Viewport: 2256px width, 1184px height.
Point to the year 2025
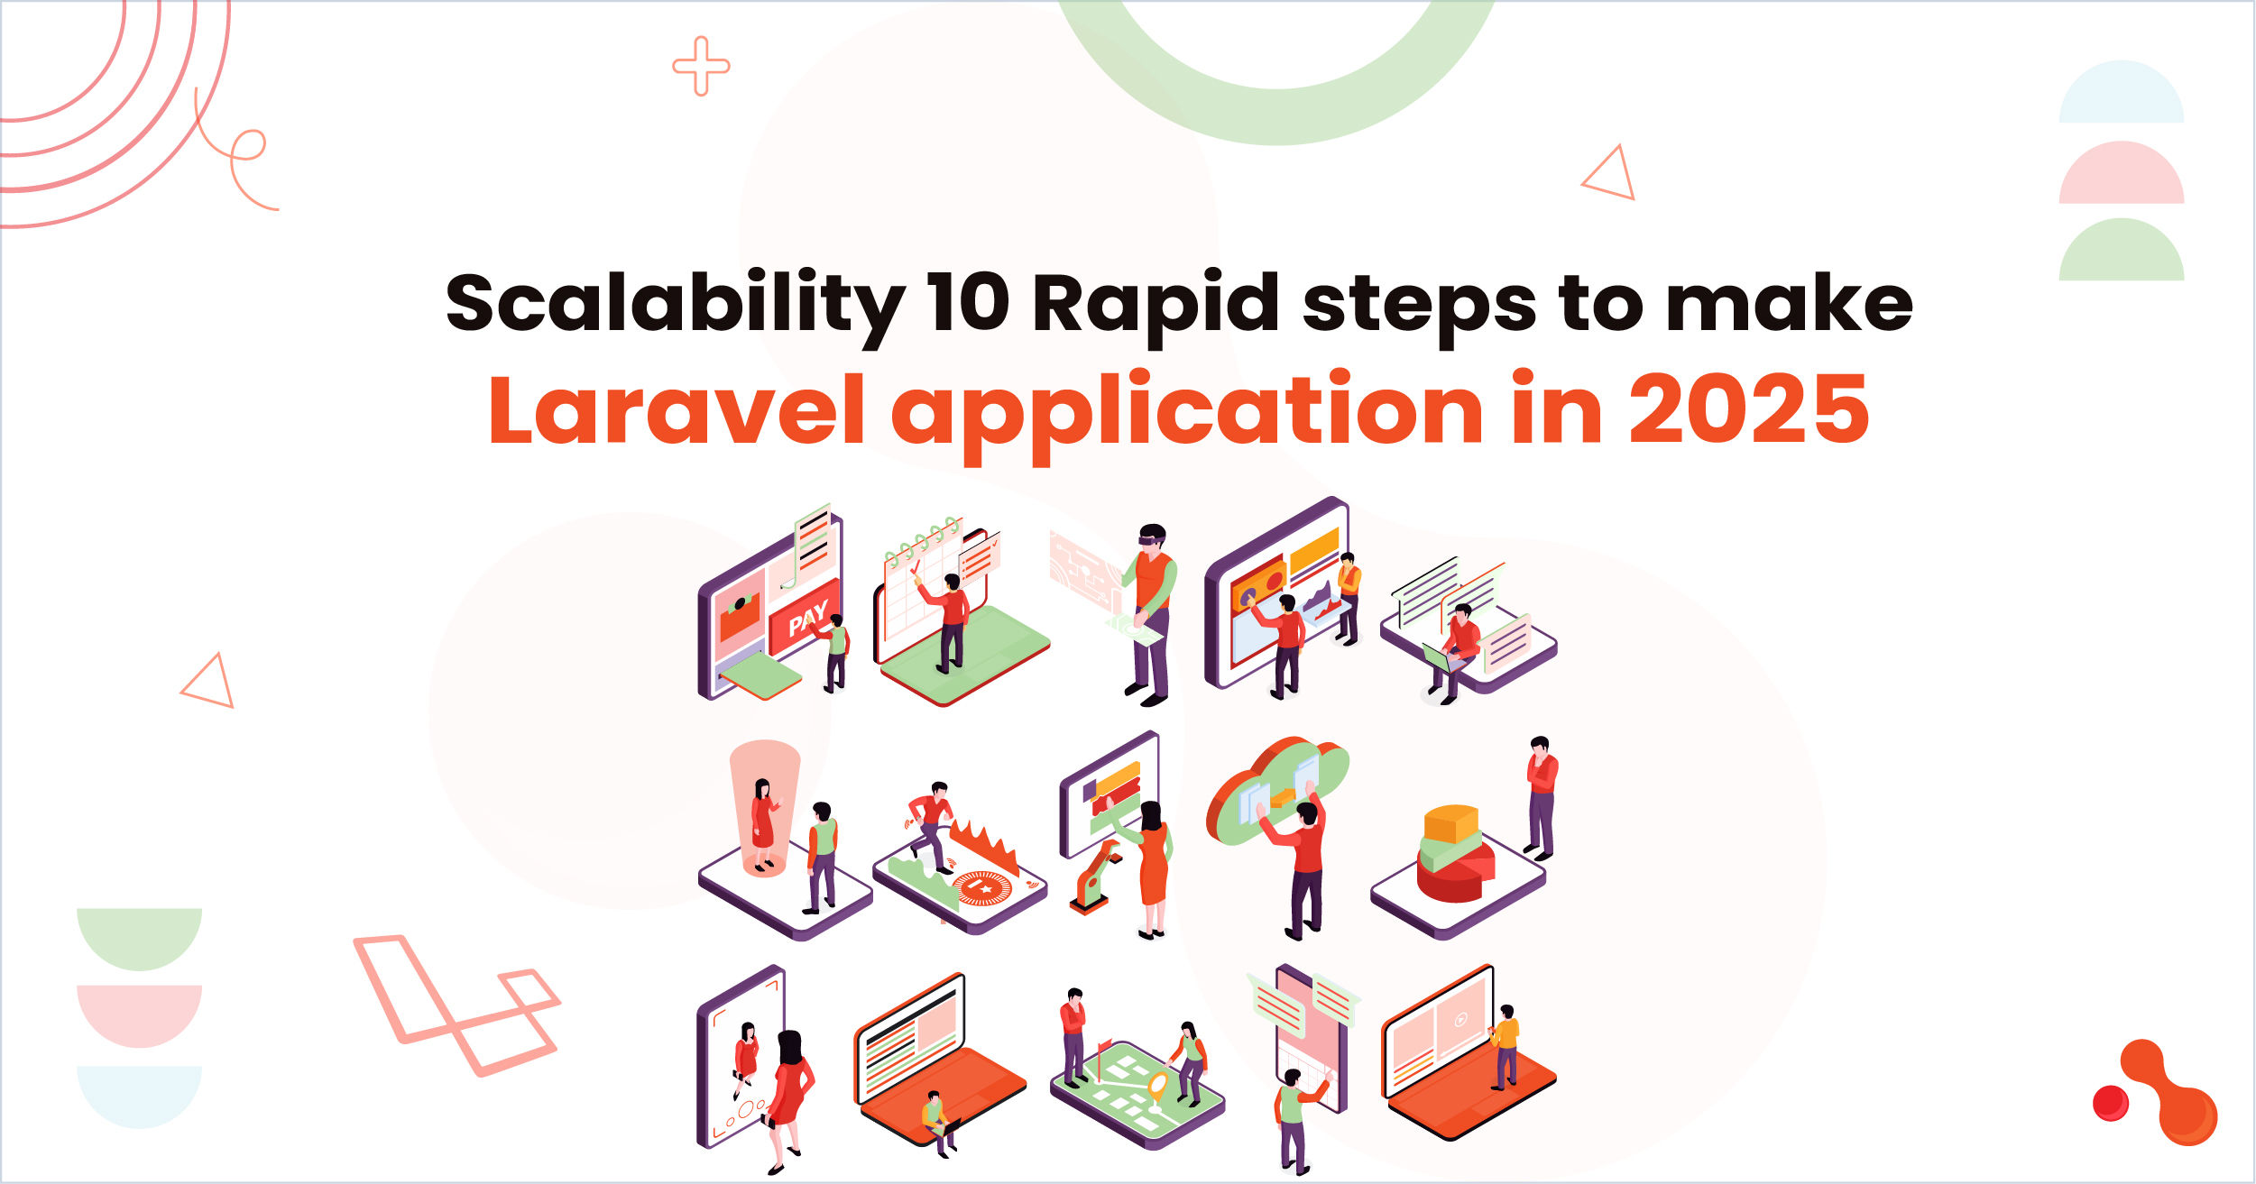(x=1749, y=411)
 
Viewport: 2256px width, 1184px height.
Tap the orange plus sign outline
(x=701, y=66)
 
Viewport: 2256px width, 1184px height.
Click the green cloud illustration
(x=1276, y=790)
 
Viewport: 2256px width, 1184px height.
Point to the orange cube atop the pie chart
(x=1450, y=823)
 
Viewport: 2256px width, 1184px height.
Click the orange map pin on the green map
(x=1157, y=1085)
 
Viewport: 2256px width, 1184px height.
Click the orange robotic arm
(x=1094, y=875)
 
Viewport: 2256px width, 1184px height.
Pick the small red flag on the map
(x=1102, y=1050)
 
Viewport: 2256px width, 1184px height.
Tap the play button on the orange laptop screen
(x=1460, y=1020)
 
